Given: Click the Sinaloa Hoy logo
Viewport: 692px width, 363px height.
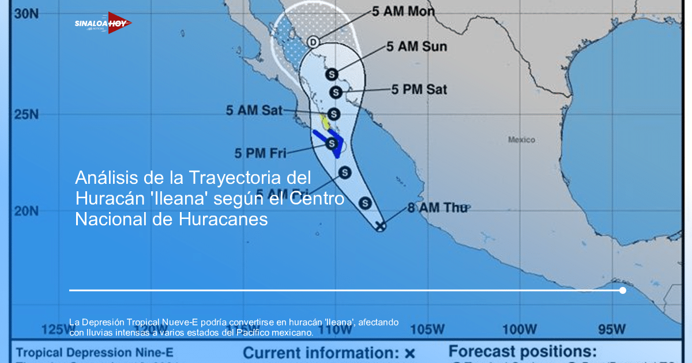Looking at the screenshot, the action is tap(103, 23).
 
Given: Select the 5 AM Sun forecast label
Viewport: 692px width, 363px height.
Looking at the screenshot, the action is tap(416, 47).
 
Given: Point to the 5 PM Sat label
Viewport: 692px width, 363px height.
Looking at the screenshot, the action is tap(419, 89).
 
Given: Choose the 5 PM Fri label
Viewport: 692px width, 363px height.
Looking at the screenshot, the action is tap(260, 153).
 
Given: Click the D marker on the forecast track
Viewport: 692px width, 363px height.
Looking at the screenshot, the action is tap(313, 41).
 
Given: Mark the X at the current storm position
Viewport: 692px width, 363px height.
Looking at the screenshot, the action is tap(380, 226).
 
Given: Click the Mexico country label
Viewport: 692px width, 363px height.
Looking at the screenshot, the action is tap(521, 139).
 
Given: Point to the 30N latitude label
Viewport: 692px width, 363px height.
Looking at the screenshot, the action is tap(26, 13).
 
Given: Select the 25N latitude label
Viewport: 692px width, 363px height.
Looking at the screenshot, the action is tap(26, 114).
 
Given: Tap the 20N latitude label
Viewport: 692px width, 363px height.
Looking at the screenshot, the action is tap(26, 211).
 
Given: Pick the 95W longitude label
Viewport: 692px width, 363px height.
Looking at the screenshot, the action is tap(611, 329).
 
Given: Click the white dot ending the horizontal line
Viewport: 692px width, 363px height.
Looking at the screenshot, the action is tap(623, 290).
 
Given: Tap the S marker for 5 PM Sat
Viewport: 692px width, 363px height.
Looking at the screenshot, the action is tap(336, 92).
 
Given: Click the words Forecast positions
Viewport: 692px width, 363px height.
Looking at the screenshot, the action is tap(522, 351).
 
